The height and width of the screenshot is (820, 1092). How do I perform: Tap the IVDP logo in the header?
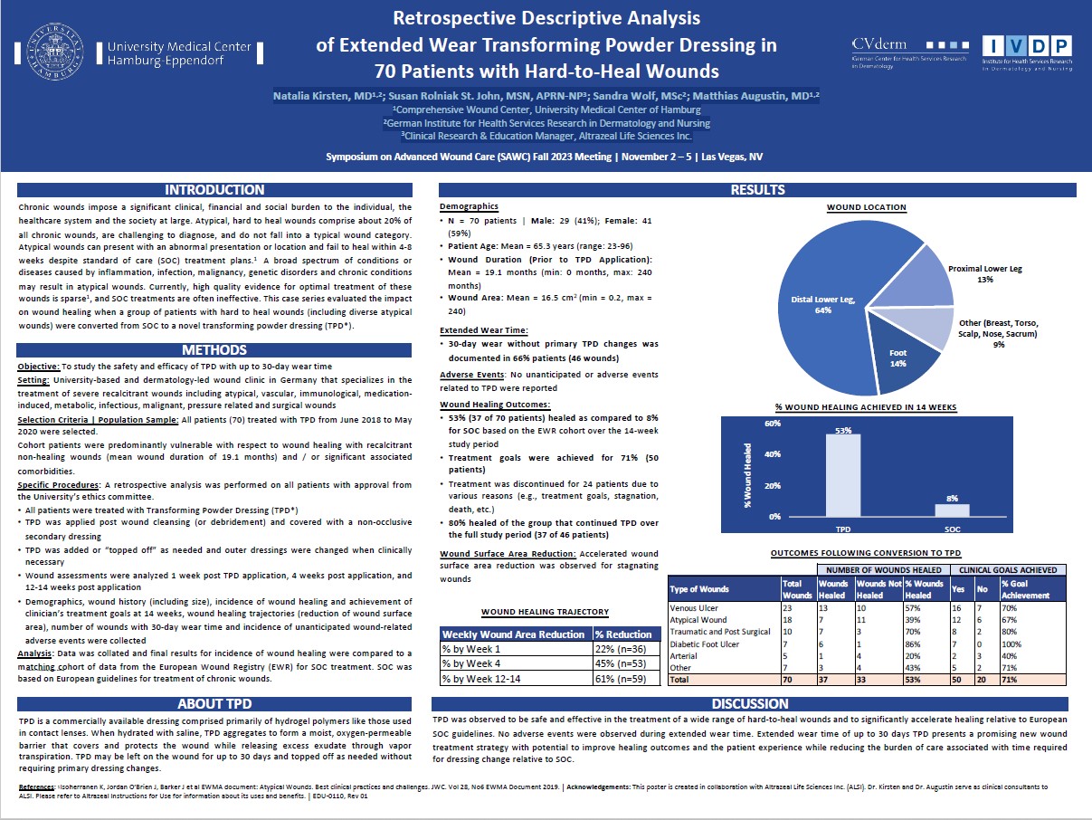click(1028, 52)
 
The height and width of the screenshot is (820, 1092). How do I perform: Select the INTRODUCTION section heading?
click(214, 190)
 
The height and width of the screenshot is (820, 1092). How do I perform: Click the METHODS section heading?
click(214, 349)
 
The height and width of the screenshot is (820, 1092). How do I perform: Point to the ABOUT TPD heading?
click(214, 703)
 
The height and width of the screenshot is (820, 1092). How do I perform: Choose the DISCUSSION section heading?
click(750, 703)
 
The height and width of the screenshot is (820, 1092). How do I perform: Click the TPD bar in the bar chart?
click(843, 475)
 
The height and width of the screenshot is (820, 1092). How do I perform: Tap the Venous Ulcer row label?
click(695, 608)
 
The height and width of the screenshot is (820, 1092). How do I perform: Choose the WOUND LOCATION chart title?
click(866, 207)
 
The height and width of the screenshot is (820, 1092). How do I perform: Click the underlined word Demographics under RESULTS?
click(469, 206)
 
